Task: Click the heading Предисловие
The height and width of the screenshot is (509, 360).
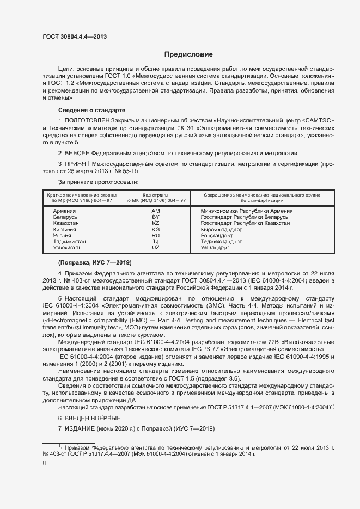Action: pyautogui.click(x=189, y=54)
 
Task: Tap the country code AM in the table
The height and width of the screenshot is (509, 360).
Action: pyautogui.click(x=156, y=211)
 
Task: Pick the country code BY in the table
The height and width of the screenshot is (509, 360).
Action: pyautogui.click(x=156, y=217)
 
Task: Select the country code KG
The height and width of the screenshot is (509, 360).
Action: pyautogui.click(x=156, y=229)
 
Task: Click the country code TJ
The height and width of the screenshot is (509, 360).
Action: pyautogui.click(x=156, y=241)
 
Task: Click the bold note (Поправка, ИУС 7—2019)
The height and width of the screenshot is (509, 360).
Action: pyautogui.click(x=95, y=263)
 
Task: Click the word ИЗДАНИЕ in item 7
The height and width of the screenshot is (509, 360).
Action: pyautogui.click(x=81, y=429)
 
